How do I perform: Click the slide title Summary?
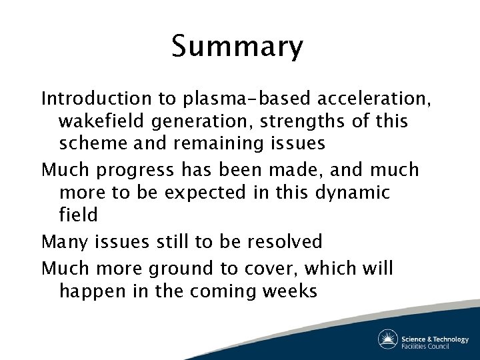tap(237, 47)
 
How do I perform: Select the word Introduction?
tap(97, 99)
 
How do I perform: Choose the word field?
tap(78, 215)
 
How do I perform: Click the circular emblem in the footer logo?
tap(388, 339)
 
